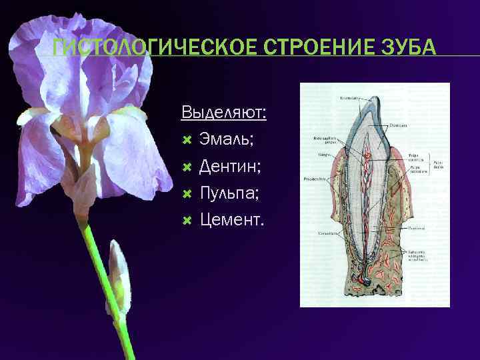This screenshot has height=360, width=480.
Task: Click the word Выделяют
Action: pos(223,112)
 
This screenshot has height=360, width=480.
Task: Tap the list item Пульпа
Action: pos(234,193)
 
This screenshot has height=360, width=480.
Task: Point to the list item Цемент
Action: pos(232,219)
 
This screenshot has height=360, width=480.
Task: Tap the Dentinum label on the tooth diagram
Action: pos(399,125)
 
